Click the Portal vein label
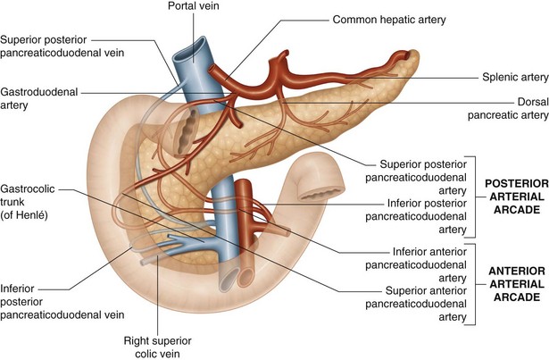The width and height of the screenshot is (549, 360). click(199, 7)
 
